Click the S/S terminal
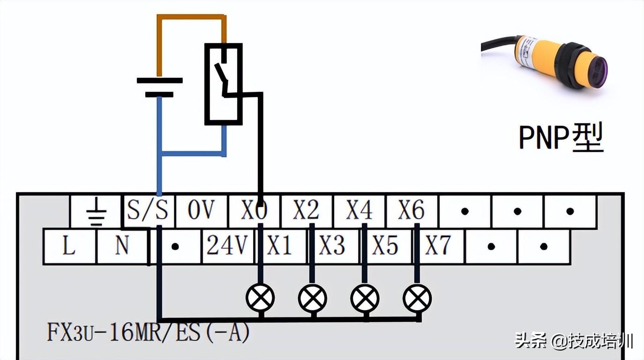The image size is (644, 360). [x=148, y=211]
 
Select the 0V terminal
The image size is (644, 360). [x=201, y=211]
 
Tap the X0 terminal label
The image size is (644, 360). [x=254, y=211]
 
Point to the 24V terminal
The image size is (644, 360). [x=227, y=246]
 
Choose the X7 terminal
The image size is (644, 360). [x=438, y=246]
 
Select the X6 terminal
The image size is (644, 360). [x=412, y=211]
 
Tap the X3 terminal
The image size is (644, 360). [x=332, y=246]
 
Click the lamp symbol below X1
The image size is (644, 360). [x=260, y=298]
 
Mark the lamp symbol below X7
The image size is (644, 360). [x=417, y=298]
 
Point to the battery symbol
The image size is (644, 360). [x=159, y=87]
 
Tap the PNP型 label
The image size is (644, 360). [x=561, y=137]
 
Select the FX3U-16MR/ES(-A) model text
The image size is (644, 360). [x=148, y=332]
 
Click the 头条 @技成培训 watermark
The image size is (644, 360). [x=574, y=341]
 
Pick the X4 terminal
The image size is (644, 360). [x=359, y=211]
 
